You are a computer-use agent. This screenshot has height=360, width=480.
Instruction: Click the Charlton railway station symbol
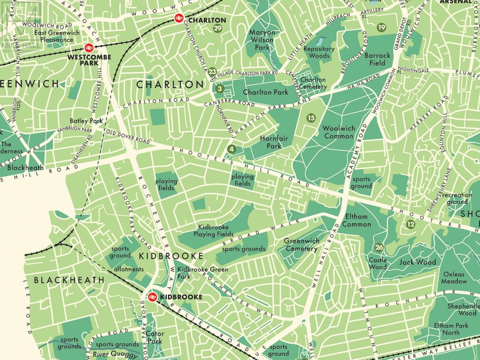(179, 19)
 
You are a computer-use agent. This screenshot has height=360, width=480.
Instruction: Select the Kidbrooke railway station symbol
(152, 297)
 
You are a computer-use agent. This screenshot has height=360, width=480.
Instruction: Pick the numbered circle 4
(232, 149)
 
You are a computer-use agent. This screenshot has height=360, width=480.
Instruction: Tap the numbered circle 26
(379, 247)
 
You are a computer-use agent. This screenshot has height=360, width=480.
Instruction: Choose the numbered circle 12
(411, 225)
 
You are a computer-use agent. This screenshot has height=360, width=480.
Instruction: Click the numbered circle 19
(381, 27)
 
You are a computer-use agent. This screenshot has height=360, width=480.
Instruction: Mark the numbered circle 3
(220, 89)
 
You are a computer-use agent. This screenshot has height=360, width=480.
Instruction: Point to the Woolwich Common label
(338, 132)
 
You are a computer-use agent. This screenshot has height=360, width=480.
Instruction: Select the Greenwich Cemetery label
(302, 244)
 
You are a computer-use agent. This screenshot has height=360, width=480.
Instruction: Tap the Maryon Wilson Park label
(262, 39)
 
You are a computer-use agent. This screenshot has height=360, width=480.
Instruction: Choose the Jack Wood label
(418, 262)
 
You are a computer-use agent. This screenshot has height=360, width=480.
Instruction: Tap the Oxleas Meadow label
(454, 277)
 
